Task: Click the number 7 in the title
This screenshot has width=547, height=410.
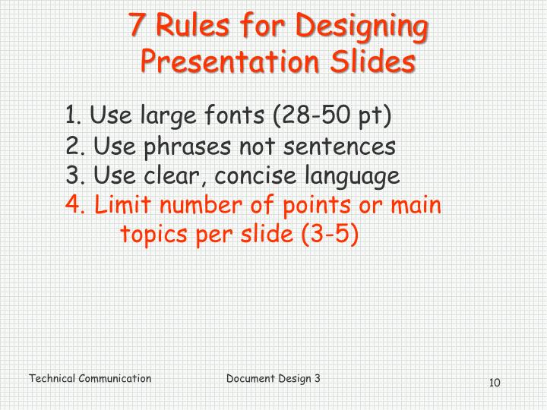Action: pyautogui.click(x=137, y=27)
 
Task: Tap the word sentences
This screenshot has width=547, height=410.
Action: pyautogui.click(x=332, y=146)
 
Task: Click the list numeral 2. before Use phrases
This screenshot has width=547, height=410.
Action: pyautogui.click(x=74, y=146)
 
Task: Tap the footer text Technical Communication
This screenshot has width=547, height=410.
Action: pyautogui.click(x=90, y=378)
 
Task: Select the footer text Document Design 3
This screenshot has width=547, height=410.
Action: pyautogui.click(x=273, y=377)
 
